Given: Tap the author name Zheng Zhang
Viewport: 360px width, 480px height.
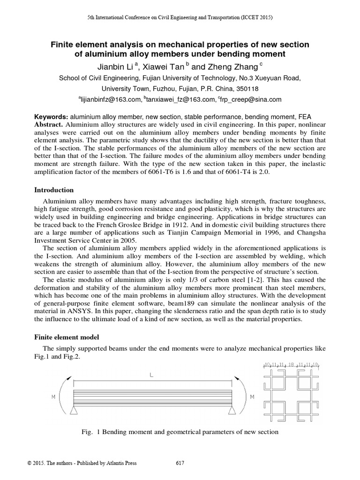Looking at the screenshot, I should [x=235, y=67].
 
